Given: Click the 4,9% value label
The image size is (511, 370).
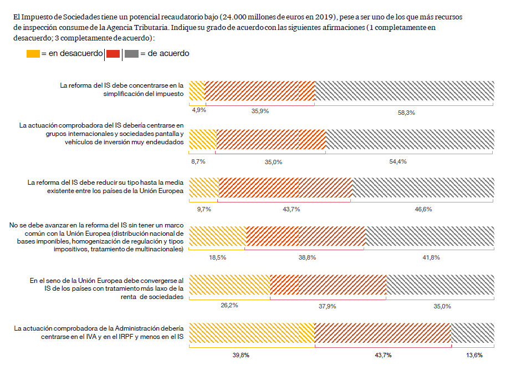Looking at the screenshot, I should coord(199,110).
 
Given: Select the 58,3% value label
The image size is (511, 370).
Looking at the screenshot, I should coord(406,113).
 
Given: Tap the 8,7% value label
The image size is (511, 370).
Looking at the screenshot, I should coord(198,161).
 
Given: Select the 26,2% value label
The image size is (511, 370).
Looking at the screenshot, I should coord(229,305).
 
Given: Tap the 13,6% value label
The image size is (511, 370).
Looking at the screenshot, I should coord(473,355).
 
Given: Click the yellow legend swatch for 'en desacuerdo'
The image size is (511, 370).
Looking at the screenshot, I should coord(33,54).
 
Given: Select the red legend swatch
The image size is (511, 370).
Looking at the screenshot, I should coord(113,54).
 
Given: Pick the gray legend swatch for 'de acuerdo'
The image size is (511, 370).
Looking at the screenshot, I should coord(131,54).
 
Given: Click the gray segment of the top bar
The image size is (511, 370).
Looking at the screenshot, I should coord(404,91).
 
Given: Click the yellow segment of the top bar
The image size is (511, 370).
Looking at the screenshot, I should coord(197,91).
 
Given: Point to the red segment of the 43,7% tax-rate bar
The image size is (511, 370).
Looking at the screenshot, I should coord(285,187).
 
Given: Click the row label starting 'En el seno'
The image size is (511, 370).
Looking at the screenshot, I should coord(106,289).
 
